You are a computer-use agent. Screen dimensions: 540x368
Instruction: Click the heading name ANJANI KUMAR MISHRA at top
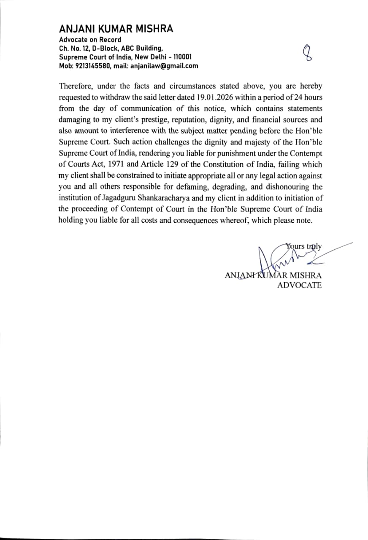116,29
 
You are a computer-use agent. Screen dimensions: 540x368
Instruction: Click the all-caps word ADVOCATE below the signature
299,286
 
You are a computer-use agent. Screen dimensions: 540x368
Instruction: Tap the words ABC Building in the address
139,48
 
